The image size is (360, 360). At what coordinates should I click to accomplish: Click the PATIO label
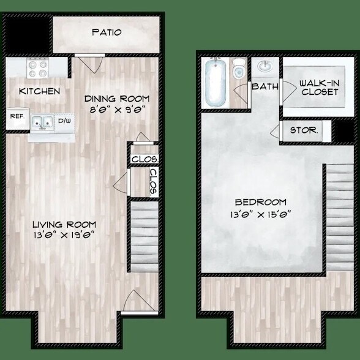[107, 32]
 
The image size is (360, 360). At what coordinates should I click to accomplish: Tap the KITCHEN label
[40, 91]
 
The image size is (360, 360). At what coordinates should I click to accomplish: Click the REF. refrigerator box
[16, 116]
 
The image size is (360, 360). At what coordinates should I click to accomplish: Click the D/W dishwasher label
[64, 121]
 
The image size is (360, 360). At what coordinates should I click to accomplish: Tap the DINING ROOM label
[117, 98]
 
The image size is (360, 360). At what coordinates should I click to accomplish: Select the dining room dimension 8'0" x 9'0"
[117, 111]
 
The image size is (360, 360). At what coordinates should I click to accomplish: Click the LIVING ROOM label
[64, 224]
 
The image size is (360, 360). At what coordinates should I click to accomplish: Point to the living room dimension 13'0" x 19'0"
[64, 237]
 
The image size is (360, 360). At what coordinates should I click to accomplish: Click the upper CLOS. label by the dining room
[145, 159]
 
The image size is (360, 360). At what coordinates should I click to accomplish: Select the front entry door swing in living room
[134, 300]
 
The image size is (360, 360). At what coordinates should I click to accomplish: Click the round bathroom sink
[266, 66]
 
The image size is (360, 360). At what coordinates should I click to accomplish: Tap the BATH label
[265, 86]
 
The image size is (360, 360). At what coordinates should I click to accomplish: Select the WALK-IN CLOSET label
[320, 87]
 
